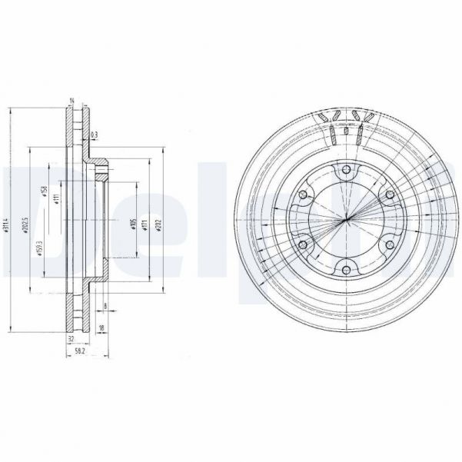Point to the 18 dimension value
(102, 328)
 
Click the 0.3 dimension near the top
(94, 135)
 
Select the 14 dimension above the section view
(71, 101)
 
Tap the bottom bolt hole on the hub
(346, 269)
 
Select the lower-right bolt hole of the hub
(389, 244)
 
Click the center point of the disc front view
(346, 220)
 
